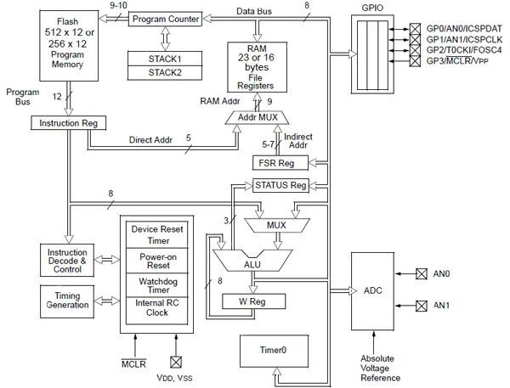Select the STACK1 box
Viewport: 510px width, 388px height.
pos(165,59)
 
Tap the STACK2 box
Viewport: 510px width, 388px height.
pos(165,72)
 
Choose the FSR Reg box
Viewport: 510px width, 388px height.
pos(275,162)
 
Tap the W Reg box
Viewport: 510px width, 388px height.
pos(253,301)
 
